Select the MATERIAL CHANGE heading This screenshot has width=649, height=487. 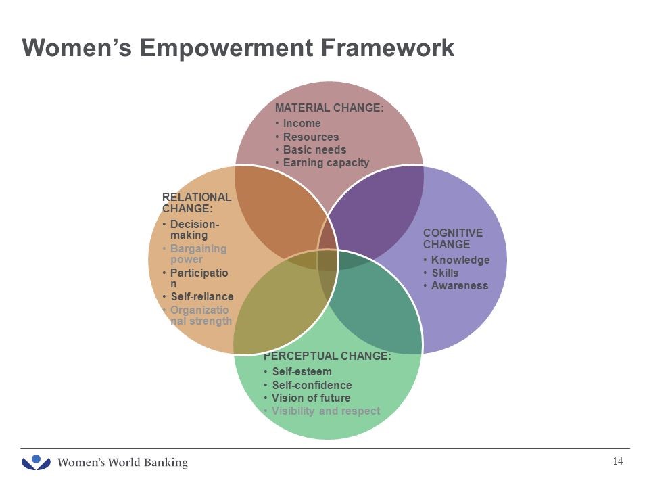click(329, 108)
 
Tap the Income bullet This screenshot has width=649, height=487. click(302, 123)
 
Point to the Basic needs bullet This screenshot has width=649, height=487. click(314, 149)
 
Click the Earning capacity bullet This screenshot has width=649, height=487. click(326, 162)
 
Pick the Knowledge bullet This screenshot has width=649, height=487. click(460, 260)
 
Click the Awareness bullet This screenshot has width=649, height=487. click(460, 285)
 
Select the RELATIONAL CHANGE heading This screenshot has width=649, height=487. click(196, 202)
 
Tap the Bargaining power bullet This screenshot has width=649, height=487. click(198, 254)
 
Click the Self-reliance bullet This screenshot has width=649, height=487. click(201, 296)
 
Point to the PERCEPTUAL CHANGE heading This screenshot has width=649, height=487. click(327, 356)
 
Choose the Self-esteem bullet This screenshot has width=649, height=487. click(302, 371)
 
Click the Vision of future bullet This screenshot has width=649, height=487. click(311, 398)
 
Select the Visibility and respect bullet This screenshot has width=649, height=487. click(326, 411)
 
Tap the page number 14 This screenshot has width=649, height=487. click(617, 461)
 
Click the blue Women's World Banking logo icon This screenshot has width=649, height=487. click(37, 463)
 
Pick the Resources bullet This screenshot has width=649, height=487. click(311, 137)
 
